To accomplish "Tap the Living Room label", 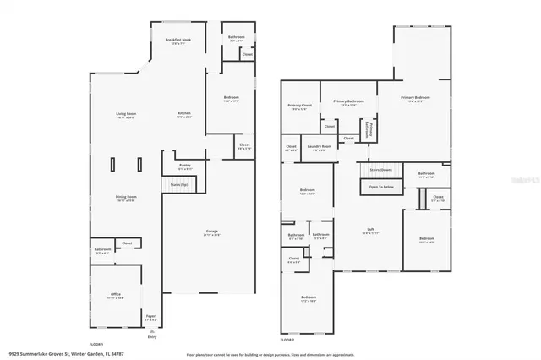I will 126,115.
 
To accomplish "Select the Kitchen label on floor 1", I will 184,115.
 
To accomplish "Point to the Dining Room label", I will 126,199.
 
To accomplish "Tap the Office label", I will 116,297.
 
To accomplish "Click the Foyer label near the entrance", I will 151,319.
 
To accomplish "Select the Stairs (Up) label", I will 178,183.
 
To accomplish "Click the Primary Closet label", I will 300,106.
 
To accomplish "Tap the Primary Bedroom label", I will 413,99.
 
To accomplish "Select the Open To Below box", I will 380,187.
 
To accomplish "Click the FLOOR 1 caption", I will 96,344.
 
